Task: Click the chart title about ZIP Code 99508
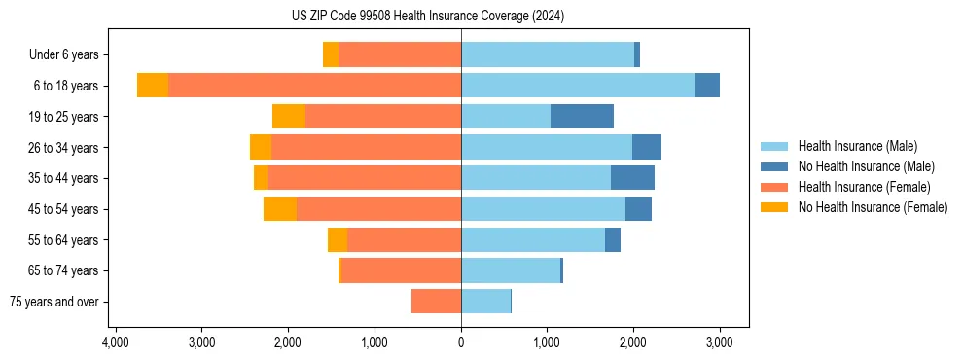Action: tap(427, 17)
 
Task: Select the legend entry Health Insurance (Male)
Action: tap(857, 146)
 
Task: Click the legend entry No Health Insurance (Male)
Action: tap(866, 166)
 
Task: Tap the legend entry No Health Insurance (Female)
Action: tap(873, 207)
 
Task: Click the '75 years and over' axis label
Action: tap(54, 302)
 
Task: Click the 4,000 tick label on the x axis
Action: tap(116, 343)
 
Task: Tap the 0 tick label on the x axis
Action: tap(461, 343)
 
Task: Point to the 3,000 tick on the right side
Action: tap(719, 343)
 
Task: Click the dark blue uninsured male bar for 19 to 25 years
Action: tap(582, 117)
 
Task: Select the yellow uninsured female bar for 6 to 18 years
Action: tap(153, 86)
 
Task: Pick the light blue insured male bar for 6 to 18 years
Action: tap(578, 86)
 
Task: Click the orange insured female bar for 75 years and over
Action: tap(436, 302)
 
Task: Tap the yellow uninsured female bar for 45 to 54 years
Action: tap(280, 209)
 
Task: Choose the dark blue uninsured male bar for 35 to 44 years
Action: tap(632, 178)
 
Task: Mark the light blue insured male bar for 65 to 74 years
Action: tap(511, 270)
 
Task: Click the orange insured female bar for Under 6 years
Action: tap(400, 55)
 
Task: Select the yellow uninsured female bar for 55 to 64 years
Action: tap(338, 240)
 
